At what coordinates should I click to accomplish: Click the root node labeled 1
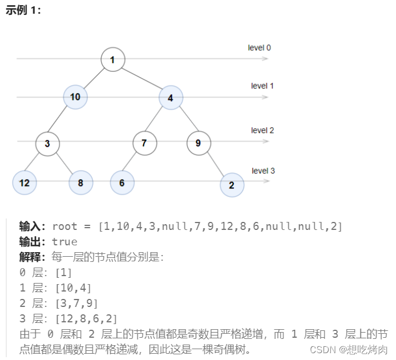[x=113, y=60]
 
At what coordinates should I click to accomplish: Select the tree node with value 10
[x=75, y=97]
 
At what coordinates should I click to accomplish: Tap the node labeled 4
[x=171, y=98]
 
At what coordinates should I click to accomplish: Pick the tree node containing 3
[x=47, y=143]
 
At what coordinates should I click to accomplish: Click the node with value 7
[x=144, y=143]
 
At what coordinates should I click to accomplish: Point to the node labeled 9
[x=199, y=143]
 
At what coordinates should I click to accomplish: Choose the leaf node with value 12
[x=24, y=183]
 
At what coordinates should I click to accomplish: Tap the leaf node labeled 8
[x=80, y=183]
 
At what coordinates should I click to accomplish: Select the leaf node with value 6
[x=122, y=183]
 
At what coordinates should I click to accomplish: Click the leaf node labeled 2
[x=232, y=185]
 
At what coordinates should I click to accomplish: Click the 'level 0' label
[x=260, y=47]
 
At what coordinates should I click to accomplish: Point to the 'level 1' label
[x=262, y=86]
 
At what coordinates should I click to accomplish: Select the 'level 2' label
[x=262, y=131]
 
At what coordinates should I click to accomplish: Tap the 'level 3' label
[x=263, y=171]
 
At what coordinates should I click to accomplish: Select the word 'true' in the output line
[x=64, y=241]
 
